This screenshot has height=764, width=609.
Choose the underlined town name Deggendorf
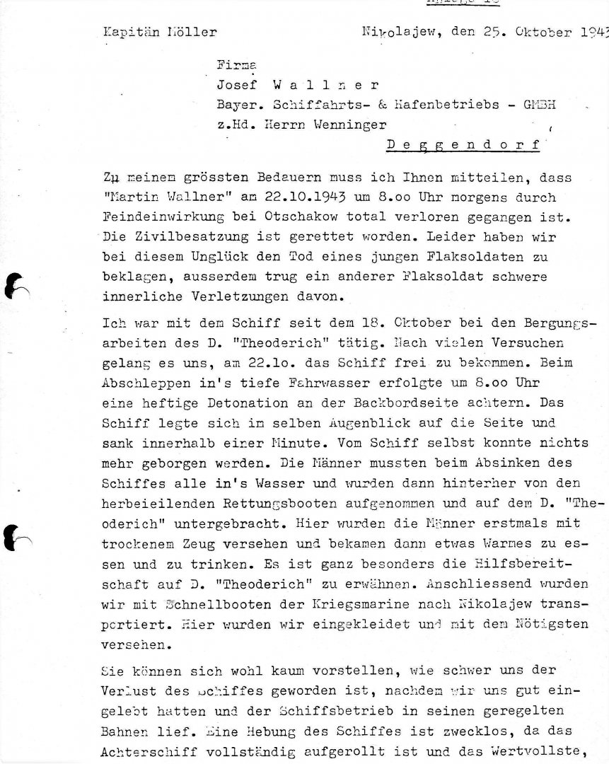[x=464, y=146]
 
